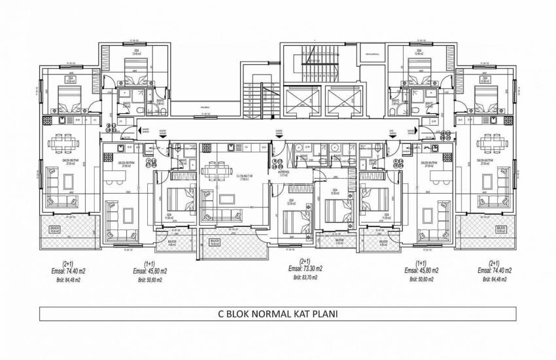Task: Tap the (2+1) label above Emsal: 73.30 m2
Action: click(305, 262)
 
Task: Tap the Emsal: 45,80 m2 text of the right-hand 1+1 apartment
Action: click(421, 270)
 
